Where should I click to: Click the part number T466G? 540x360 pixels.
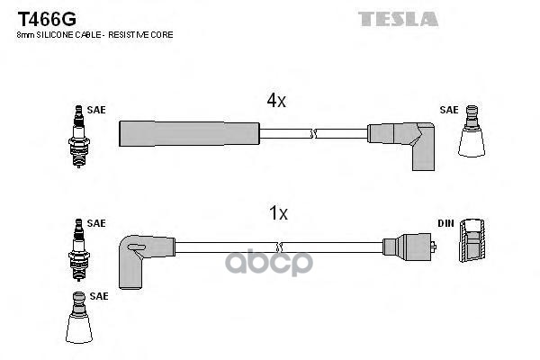[x=47, y=19]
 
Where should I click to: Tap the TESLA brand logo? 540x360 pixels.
[x=398, y=19]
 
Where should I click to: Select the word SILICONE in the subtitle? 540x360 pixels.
[x=53, y=35]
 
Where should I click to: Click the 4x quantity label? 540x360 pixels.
[x=276, y=100]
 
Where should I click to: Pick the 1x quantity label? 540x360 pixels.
[x=278, y=213]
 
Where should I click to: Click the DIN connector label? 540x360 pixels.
[x=446, y=223]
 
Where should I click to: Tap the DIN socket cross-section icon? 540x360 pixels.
[x=472, y=239]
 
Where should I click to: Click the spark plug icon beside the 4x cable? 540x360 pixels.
[x=79, y=137]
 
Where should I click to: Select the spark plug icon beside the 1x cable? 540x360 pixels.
[x=79, y=250]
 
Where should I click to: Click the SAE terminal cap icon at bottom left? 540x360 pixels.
[x=79, y=318]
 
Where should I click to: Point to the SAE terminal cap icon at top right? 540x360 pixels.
[x=472, y=131]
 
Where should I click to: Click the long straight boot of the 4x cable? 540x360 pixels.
[x=189, y=133]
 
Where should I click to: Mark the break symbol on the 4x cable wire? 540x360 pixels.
[x=313, y=134]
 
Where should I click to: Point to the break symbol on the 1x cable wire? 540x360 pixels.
[x=280, y=247]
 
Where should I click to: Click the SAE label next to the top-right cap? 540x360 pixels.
[x=449, y=110]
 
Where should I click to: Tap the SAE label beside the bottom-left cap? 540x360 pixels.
[x=99, y=296]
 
